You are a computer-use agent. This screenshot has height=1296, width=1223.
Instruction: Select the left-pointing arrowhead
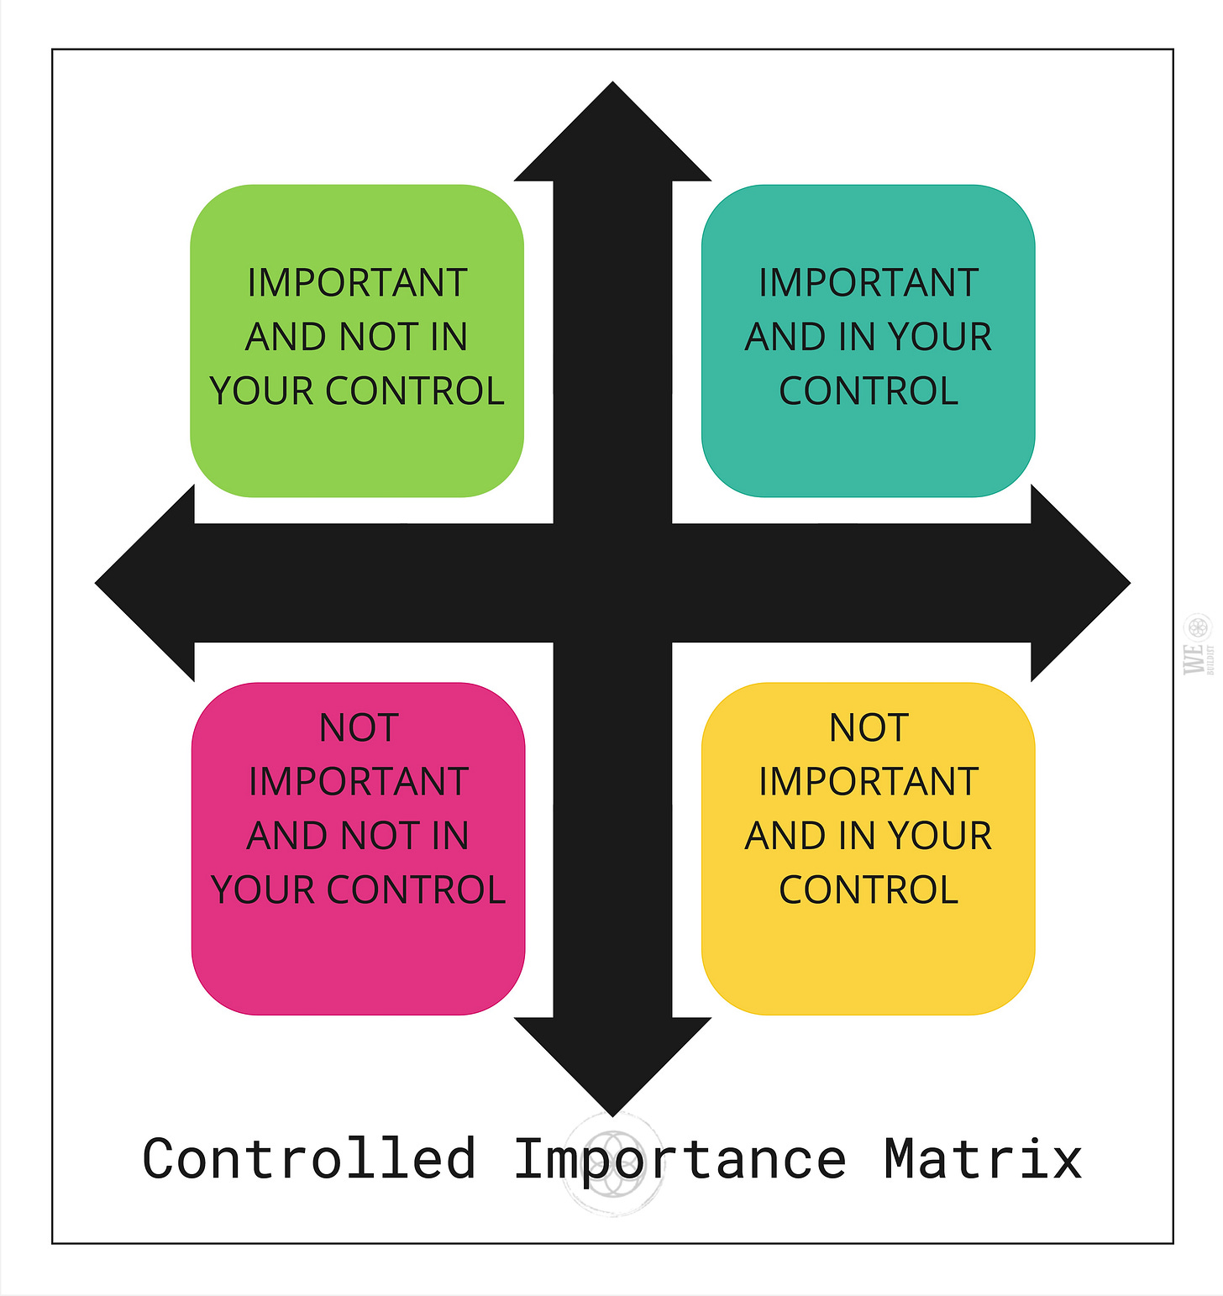click(147, 583)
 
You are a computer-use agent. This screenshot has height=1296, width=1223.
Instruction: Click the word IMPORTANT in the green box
click(357, 283)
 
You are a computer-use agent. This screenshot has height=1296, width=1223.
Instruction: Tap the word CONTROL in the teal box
click(869, 391)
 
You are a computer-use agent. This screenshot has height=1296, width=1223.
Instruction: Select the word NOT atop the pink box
click(359, 728)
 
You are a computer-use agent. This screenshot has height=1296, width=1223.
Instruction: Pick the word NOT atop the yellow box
click(869, 728)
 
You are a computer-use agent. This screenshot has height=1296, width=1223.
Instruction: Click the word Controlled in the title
click(309, 1160)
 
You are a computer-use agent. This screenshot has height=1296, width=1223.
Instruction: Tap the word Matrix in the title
click(983, 1160)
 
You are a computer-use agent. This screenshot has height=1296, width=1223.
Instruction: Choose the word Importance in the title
click(680, 1160)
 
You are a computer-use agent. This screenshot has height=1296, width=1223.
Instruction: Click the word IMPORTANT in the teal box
click(869, 283)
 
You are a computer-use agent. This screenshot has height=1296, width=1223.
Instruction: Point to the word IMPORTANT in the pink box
click(359, 782)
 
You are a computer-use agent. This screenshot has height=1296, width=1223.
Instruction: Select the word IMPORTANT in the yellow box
click(869, 782)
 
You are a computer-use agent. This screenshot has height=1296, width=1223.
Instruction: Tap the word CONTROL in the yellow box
click(869, 890)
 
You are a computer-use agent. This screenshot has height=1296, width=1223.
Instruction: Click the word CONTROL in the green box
click(415, 391)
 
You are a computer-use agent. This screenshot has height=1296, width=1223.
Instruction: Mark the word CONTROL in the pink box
click(417, 890)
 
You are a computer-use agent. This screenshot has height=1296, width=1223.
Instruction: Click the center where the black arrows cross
click(612, 583)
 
